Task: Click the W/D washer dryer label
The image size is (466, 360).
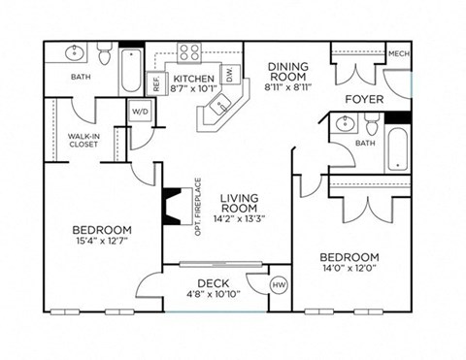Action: point(139,112)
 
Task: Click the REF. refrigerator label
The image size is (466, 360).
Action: point(154,82)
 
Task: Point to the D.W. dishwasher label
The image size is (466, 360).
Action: point(229,74)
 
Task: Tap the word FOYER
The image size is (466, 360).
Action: point(364,99)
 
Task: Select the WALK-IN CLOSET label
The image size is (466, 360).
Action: point(83,142)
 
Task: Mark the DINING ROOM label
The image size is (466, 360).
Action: point(287,73)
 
